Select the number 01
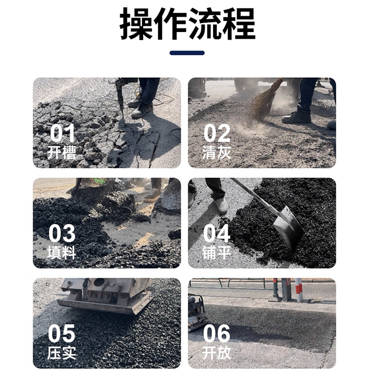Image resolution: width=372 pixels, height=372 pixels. coord(62,133)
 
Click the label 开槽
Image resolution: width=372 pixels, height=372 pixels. coord(61,153)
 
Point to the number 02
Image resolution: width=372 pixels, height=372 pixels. coord(217,133)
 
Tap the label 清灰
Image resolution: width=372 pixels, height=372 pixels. coord(217,153)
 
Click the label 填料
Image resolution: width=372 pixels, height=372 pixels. coord(61,252)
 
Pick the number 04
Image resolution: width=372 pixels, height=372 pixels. coord(217,233)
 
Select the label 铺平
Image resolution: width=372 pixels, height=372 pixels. coord(217,252)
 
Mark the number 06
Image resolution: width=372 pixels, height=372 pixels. coord(217,333)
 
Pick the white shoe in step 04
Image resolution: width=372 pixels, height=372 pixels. coord(221,205)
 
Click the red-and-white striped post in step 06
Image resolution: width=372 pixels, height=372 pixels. coord(299,290)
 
